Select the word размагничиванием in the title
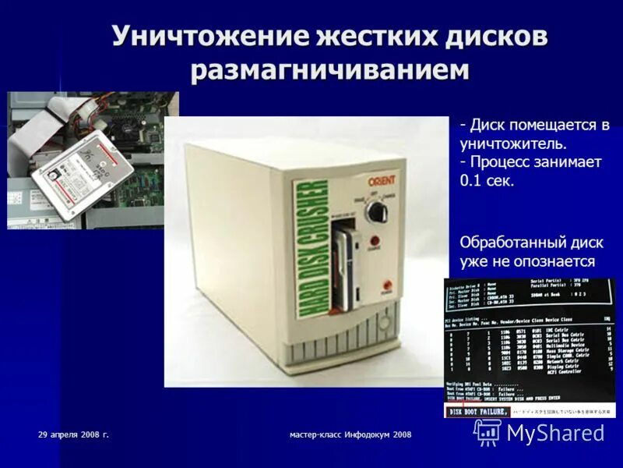click(x=330, y=70)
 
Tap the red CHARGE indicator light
click(x=375, y=242)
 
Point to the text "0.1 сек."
click(x=487, y=180)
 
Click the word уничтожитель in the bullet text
click(x=512, y=144)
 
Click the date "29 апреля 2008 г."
click(x=73, y=434)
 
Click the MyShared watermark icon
click(x=487, y=432)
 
